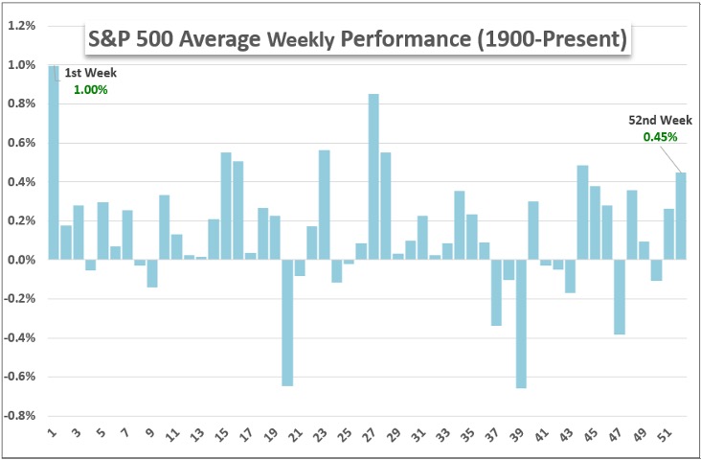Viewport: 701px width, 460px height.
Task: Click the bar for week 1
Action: tap(54, 163)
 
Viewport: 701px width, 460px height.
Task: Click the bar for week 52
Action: tap(681, 216)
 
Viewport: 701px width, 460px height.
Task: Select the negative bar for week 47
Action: tap(620, 297)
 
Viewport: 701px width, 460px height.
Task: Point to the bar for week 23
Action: tap(324, 205)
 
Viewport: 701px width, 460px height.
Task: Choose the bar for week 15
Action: tap(226, 206)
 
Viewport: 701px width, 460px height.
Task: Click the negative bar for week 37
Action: tap(497, 292)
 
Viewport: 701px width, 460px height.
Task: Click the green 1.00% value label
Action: tap(91, 89)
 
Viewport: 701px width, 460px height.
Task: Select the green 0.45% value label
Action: tap(660, 137)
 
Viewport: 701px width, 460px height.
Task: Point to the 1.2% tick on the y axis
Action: tap(22, 26)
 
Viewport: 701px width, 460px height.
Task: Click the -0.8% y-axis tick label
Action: tap(20, 416)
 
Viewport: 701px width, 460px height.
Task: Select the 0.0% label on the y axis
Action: tap(22, 260)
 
